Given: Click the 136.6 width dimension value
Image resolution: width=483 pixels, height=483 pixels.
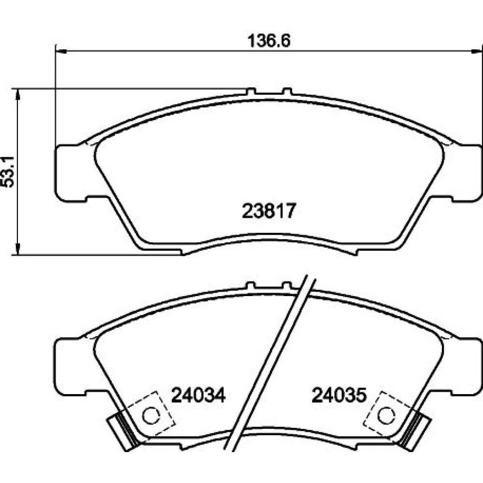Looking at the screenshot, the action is coord(269,41).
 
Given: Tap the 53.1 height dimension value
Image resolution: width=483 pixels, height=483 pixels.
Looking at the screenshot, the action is coord(8,172).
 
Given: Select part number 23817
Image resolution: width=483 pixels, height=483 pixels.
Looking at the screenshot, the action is coord(269,211).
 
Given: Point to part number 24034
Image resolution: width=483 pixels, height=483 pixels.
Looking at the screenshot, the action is coord(199,395).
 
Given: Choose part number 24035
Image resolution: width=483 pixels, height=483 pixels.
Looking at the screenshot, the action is coord(339,395).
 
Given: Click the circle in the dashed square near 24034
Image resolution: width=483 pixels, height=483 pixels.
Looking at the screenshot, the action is coord(151,415).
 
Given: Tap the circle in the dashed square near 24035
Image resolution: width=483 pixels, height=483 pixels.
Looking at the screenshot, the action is coord(386,415).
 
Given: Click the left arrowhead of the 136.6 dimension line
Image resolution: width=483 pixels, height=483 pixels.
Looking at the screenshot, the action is coord(61,52).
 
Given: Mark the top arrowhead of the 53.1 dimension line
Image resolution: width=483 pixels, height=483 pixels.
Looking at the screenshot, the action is coord(18,95).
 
